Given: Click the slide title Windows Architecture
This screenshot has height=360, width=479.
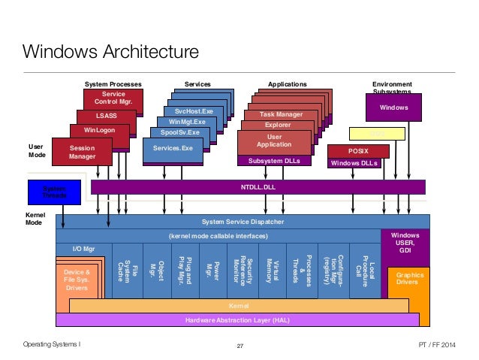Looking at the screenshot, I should coord(110,53).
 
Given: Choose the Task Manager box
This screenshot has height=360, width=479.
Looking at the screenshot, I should coord(281,115).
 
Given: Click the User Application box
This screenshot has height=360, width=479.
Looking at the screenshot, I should coord(274,141).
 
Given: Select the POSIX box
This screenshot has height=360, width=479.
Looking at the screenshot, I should coord(358,151).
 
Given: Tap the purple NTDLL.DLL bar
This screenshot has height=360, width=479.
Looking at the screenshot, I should coord(258,186).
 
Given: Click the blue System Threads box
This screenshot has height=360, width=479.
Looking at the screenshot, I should coord(53,192).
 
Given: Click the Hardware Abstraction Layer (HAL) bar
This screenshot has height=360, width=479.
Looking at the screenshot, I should coord(237,320).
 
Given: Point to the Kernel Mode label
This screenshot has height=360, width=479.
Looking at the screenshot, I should coord(35,219).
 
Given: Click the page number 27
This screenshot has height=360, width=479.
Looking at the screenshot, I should coord(240,346).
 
